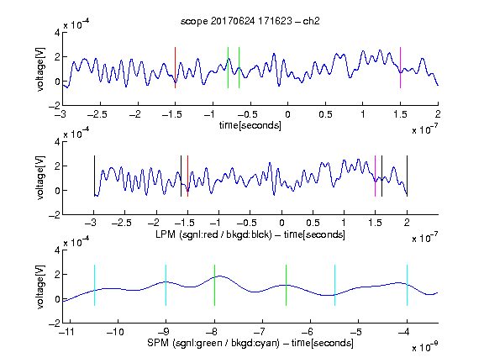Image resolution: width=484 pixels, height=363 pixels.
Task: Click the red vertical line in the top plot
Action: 175,67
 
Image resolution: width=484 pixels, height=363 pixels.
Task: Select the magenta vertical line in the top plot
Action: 400,67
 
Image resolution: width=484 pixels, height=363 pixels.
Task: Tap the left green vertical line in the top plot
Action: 228,67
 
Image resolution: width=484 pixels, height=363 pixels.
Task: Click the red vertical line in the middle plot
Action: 187,176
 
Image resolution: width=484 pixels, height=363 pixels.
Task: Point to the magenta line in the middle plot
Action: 375,176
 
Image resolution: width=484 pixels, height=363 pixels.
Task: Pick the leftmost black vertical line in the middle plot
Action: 94,176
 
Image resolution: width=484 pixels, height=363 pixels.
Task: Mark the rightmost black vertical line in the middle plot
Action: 407,176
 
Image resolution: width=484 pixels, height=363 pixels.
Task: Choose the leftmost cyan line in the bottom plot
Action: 94,285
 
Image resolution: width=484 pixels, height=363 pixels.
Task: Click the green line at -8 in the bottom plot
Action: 214,285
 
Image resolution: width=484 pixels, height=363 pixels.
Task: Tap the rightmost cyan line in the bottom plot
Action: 407,285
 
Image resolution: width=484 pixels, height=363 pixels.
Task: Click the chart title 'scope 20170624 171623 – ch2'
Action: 250,21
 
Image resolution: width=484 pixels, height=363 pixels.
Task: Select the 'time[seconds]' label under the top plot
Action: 250,125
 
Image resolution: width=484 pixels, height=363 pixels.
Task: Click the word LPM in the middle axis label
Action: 166,234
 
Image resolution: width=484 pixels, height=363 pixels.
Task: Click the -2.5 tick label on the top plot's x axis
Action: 97,114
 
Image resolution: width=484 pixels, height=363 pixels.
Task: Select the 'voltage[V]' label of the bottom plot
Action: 40,287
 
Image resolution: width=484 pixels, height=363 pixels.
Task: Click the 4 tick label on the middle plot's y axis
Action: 57,142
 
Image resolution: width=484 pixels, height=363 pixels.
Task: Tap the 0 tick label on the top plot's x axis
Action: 287,114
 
